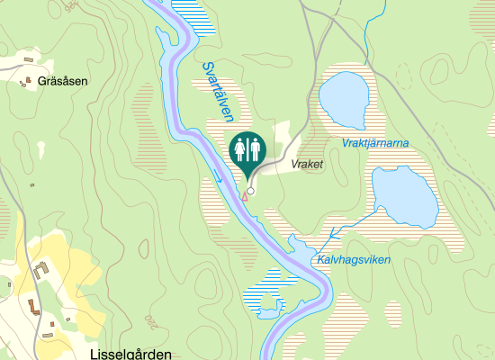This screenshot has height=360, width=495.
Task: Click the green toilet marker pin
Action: pyautogui.click(x=247, y=151)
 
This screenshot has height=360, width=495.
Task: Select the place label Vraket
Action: pyautogui.click(x=307, y=165)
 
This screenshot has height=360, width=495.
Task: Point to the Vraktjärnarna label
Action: pyautogui.click(x=375, y=143)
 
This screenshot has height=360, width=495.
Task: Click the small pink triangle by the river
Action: pyautogui.click(x=243, y=196)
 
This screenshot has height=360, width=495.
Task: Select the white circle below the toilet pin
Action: pyautogui.click(x=251, y=191)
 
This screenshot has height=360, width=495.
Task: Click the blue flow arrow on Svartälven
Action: pyautogui.click(x=219, y=177)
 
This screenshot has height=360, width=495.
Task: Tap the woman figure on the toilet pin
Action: pyautogui.click(x=239, y=148)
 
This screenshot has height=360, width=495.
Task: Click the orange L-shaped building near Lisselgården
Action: pyautogui.click(x=33, y=305)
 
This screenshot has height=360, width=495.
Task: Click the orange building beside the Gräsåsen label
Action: pyautogui.click(x=27, y=82)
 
